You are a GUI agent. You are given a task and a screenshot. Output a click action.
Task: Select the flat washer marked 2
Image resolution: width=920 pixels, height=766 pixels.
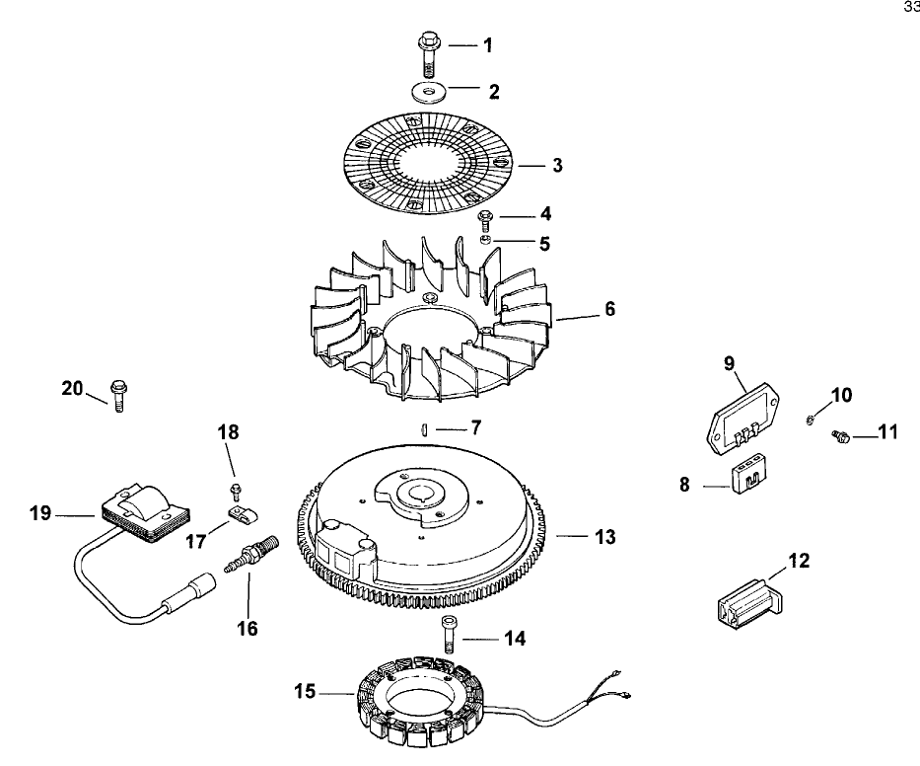(x=425, y=92)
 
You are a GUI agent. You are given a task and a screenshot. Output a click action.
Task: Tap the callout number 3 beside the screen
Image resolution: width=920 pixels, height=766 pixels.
(x=557, y=166)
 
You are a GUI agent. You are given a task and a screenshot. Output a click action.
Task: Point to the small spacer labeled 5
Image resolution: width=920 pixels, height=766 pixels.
(x=484, y=240)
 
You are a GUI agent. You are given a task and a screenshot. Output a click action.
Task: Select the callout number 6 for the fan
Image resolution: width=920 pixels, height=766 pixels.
(x=609, y=309)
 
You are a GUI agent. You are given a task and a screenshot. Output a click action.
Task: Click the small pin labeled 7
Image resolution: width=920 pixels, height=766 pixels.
(x=421, y=428)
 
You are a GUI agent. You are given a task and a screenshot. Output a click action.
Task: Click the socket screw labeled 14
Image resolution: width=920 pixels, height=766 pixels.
(x=450, y=632)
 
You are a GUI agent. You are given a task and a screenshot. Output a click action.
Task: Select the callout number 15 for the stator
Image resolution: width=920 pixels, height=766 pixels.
(x=305, y=692)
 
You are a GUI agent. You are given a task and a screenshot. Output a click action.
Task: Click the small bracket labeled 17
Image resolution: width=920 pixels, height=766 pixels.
(x=238, y=514)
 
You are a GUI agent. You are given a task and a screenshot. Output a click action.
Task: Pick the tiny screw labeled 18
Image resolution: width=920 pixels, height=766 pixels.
(x=235, y=489)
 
